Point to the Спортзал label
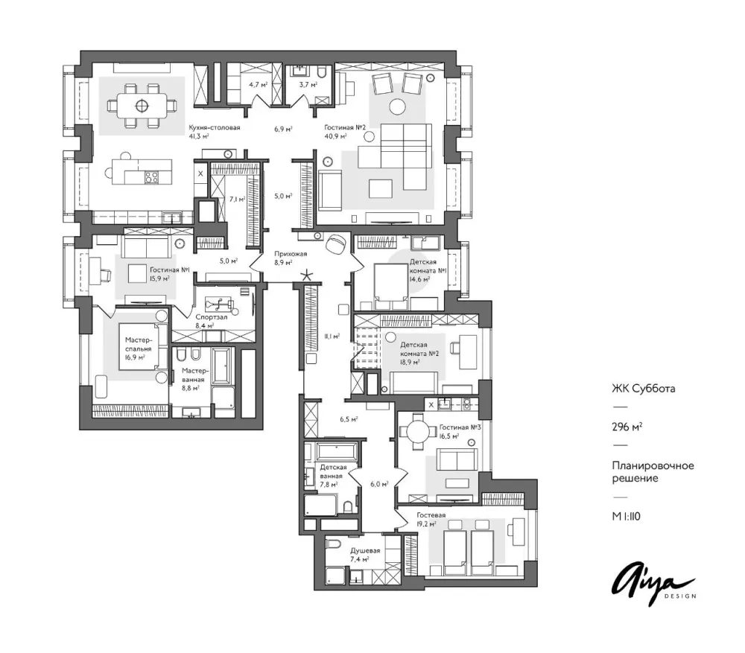pos(212,316)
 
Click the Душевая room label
pos(365,551)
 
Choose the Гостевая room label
pos(431,515)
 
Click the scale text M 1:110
pos(627,516)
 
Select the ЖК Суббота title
pos(644,389)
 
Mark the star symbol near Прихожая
pos(308,275)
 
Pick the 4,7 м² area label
pos(259,85)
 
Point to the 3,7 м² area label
pos(308,85)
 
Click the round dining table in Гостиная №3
pos(419,432)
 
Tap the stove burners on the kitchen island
pos(152,176)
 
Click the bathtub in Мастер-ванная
pos(222,366)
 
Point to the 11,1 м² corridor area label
pos(332,337)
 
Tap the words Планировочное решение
pos(653,471)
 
